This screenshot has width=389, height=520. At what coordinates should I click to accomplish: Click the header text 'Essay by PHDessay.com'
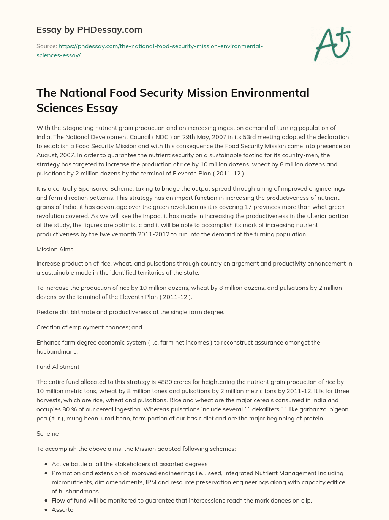89,30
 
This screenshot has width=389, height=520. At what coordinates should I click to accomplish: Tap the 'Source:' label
46,46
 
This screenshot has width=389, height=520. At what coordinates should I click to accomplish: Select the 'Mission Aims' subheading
55,250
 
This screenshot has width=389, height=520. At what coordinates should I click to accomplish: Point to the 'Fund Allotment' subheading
58,367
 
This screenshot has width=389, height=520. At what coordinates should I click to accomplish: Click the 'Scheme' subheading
47,433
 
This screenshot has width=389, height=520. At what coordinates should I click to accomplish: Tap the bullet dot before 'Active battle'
46,464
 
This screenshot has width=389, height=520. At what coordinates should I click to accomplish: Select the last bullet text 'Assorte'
62,509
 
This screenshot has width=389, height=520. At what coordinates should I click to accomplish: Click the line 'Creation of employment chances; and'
89,327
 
